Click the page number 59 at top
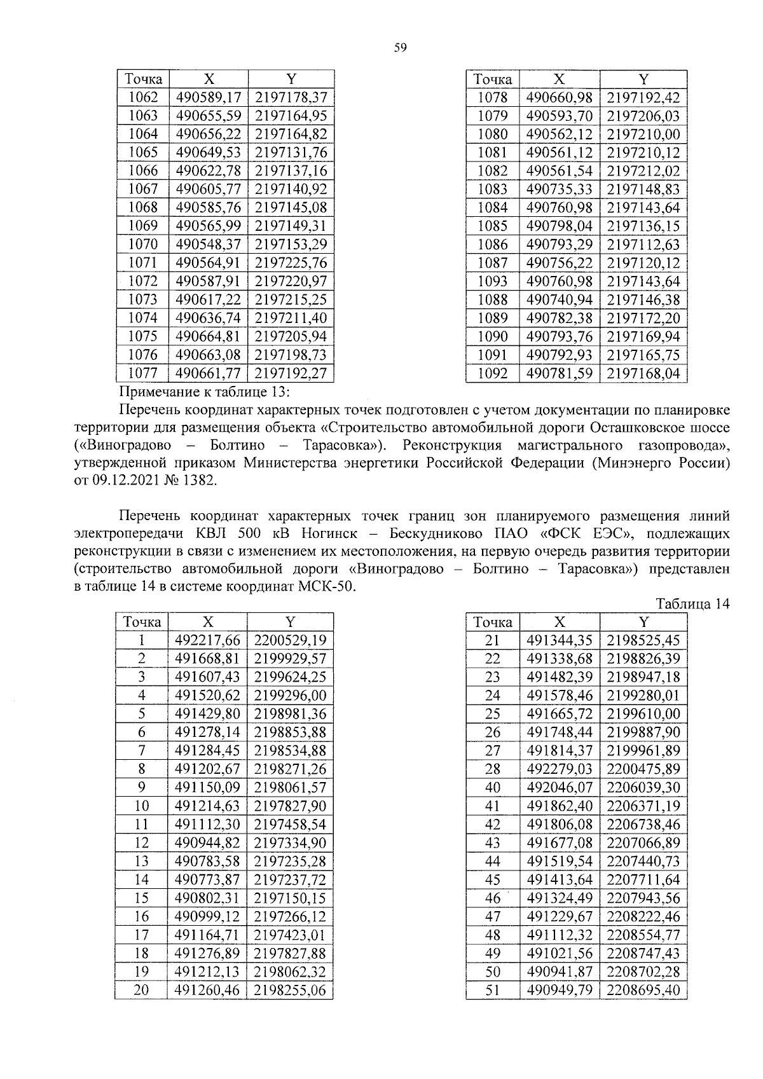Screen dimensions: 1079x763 point(400,48)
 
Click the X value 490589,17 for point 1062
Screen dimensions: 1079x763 point(209,97)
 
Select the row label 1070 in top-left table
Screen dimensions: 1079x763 point(143,244)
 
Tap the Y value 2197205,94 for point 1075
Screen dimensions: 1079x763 point(291,336)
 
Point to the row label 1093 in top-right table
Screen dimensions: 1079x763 point(492,281)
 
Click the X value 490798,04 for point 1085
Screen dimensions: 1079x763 point(559,226)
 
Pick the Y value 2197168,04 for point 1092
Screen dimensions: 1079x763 point(643,373)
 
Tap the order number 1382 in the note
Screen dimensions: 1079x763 point(202,481)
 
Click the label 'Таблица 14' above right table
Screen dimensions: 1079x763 point(692,604)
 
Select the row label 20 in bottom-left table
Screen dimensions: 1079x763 point(141,991)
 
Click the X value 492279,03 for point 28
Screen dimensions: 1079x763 point(559,769)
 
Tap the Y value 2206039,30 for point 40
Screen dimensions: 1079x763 point(643,788)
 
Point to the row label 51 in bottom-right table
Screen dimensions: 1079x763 point(492,991)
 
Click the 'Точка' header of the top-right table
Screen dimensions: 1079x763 point(492,79)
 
